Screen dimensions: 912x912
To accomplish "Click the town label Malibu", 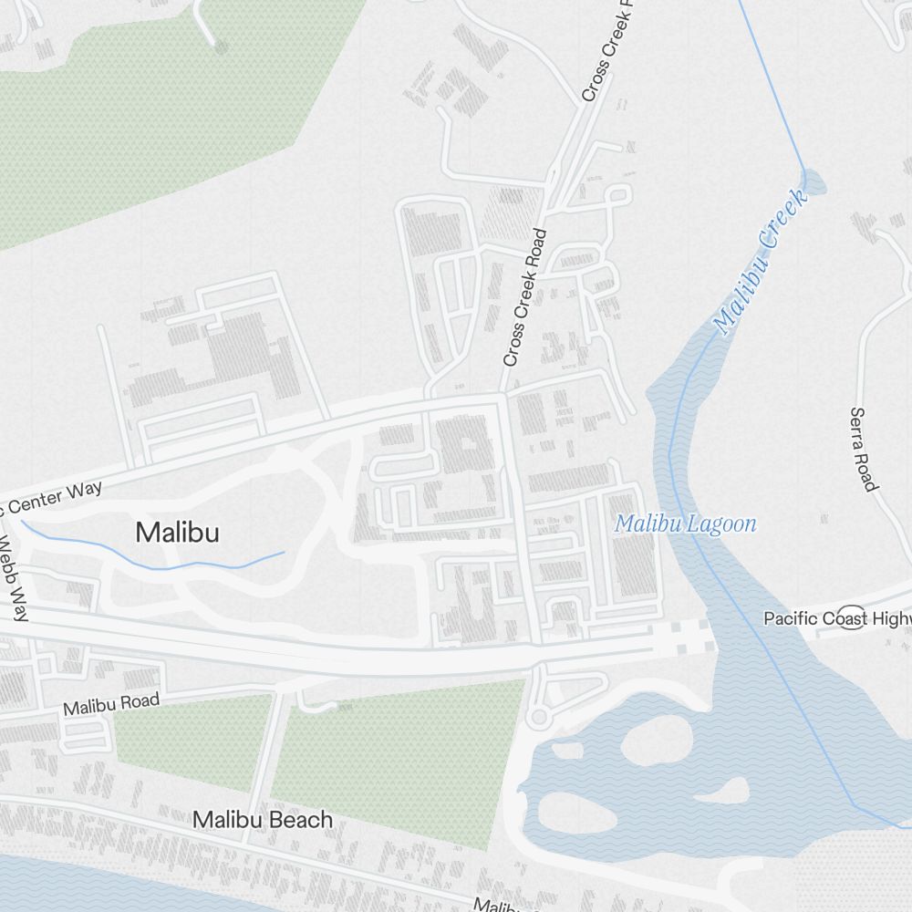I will (178, 532).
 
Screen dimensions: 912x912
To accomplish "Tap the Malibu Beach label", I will (263, 820).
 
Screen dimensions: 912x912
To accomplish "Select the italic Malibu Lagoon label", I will (685, 524).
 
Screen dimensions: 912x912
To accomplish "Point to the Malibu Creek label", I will (761, 261).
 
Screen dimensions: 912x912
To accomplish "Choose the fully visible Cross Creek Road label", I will (524, 298).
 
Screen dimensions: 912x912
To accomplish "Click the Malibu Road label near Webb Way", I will (111, 704).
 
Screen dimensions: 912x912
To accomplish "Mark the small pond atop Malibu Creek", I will (813, 181).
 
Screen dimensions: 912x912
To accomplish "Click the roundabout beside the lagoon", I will (538, 718).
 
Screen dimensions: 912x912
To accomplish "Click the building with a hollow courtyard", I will (467, 444).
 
